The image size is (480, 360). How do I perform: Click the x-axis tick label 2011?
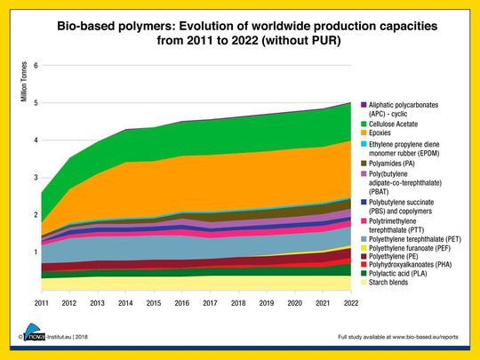click(41, 303)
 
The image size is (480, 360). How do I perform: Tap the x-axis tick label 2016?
click(182, 303)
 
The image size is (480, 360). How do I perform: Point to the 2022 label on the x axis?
click(351, 303)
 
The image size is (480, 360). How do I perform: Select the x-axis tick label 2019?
click(267, 303)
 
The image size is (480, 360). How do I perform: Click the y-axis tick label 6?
click(35, 66)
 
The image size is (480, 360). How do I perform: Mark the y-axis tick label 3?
click(35, 178)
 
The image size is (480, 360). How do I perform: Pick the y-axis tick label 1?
click(35, 252)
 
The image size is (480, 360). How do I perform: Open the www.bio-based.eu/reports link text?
click(422, 339)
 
